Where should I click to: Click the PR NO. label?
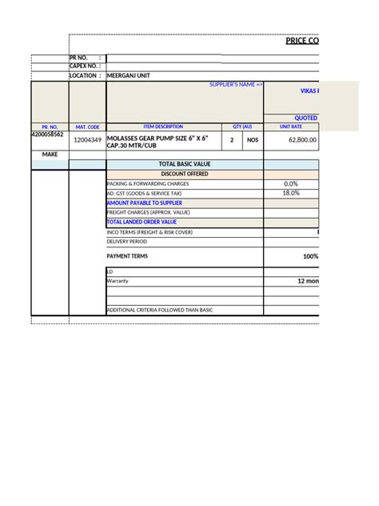click(x=80, y=58)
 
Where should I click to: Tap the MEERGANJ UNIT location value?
click(x=128, y=75)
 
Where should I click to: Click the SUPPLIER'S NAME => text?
click(x=236, y=84)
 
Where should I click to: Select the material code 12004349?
click(x=87, y=140)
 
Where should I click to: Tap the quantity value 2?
click(x=232, y=140)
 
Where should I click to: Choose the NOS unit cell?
click(x=253, y=140)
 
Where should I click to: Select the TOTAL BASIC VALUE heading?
click(x=184, y=164)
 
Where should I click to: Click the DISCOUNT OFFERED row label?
click(x=184, y=174)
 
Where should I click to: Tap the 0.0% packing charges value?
click(x=290, y=183)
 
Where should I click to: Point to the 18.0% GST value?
click(x=290, y=193)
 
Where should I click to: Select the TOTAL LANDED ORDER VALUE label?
click(x=142, y=222)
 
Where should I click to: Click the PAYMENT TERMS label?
click(x=127, y=256)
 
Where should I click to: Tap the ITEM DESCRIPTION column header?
click(x=163, y=127)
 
